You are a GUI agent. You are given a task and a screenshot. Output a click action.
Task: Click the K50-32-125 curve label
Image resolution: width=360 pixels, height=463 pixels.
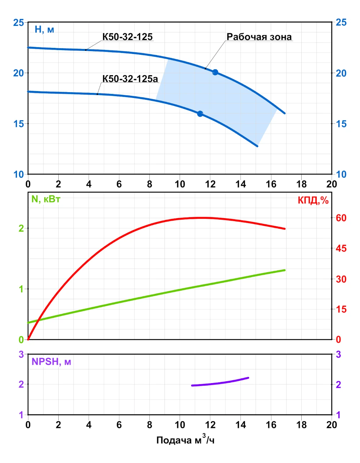coord(127,37)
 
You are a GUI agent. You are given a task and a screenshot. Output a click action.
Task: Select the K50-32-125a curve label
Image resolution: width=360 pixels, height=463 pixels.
coord(130,78)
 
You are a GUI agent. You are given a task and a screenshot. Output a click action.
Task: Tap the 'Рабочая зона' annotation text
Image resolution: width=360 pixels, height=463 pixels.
coord(259,37)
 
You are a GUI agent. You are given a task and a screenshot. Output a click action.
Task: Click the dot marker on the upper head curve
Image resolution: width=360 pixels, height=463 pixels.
coord(215,72)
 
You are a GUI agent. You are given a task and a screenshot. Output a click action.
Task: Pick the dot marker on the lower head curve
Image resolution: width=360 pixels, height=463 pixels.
coord(200,114)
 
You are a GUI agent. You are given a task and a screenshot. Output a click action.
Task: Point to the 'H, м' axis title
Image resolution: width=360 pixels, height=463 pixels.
coord(44,30)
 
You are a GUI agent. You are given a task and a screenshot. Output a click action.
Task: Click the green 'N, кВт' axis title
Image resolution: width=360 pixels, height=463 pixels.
coord(46,199)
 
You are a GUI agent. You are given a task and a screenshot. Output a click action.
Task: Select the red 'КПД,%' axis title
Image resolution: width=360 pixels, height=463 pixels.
coord(313,201)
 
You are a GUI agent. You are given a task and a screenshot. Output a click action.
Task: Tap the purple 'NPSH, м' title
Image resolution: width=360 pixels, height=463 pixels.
coord(51,362)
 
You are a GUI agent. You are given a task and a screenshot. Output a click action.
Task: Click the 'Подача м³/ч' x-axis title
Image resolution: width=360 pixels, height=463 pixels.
coord(185,440)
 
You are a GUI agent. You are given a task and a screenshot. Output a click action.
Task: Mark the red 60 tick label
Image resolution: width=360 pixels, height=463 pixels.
coord(341,218)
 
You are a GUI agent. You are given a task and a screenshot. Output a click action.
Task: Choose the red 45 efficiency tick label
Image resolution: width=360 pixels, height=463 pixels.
coord(341,248)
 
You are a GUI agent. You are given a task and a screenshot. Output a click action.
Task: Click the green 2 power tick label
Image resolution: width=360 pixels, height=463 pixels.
coord(21,228)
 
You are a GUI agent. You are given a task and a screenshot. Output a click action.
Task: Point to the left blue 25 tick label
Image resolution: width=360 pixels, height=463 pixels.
coord(18,23)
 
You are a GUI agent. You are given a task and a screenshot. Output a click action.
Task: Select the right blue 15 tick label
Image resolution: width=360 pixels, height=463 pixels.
coord(341,124)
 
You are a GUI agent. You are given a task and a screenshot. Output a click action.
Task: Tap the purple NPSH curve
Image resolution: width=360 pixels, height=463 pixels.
coord(220,383)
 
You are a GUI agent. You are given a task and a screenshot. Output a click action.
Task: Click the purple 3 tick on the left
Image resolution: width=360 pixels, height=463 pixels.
coord(21,355)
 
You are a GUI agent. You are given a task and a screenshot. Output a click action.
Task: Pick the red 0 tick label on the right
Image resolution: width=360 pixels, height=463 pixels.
coord(338,340)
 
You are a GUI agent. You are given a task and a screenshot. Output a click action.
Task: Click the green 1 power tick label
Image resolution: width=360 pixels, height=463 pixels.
coord(21,289)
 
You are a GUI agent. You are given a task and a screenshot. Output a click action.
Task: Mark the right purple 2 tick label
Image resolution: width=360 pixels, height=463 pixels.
coord(338,385)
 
